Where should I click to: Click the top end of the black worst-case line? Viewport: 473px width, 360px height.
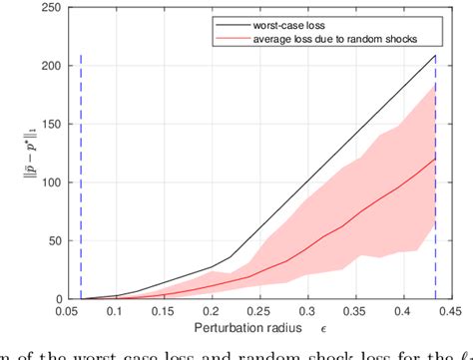435,56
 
